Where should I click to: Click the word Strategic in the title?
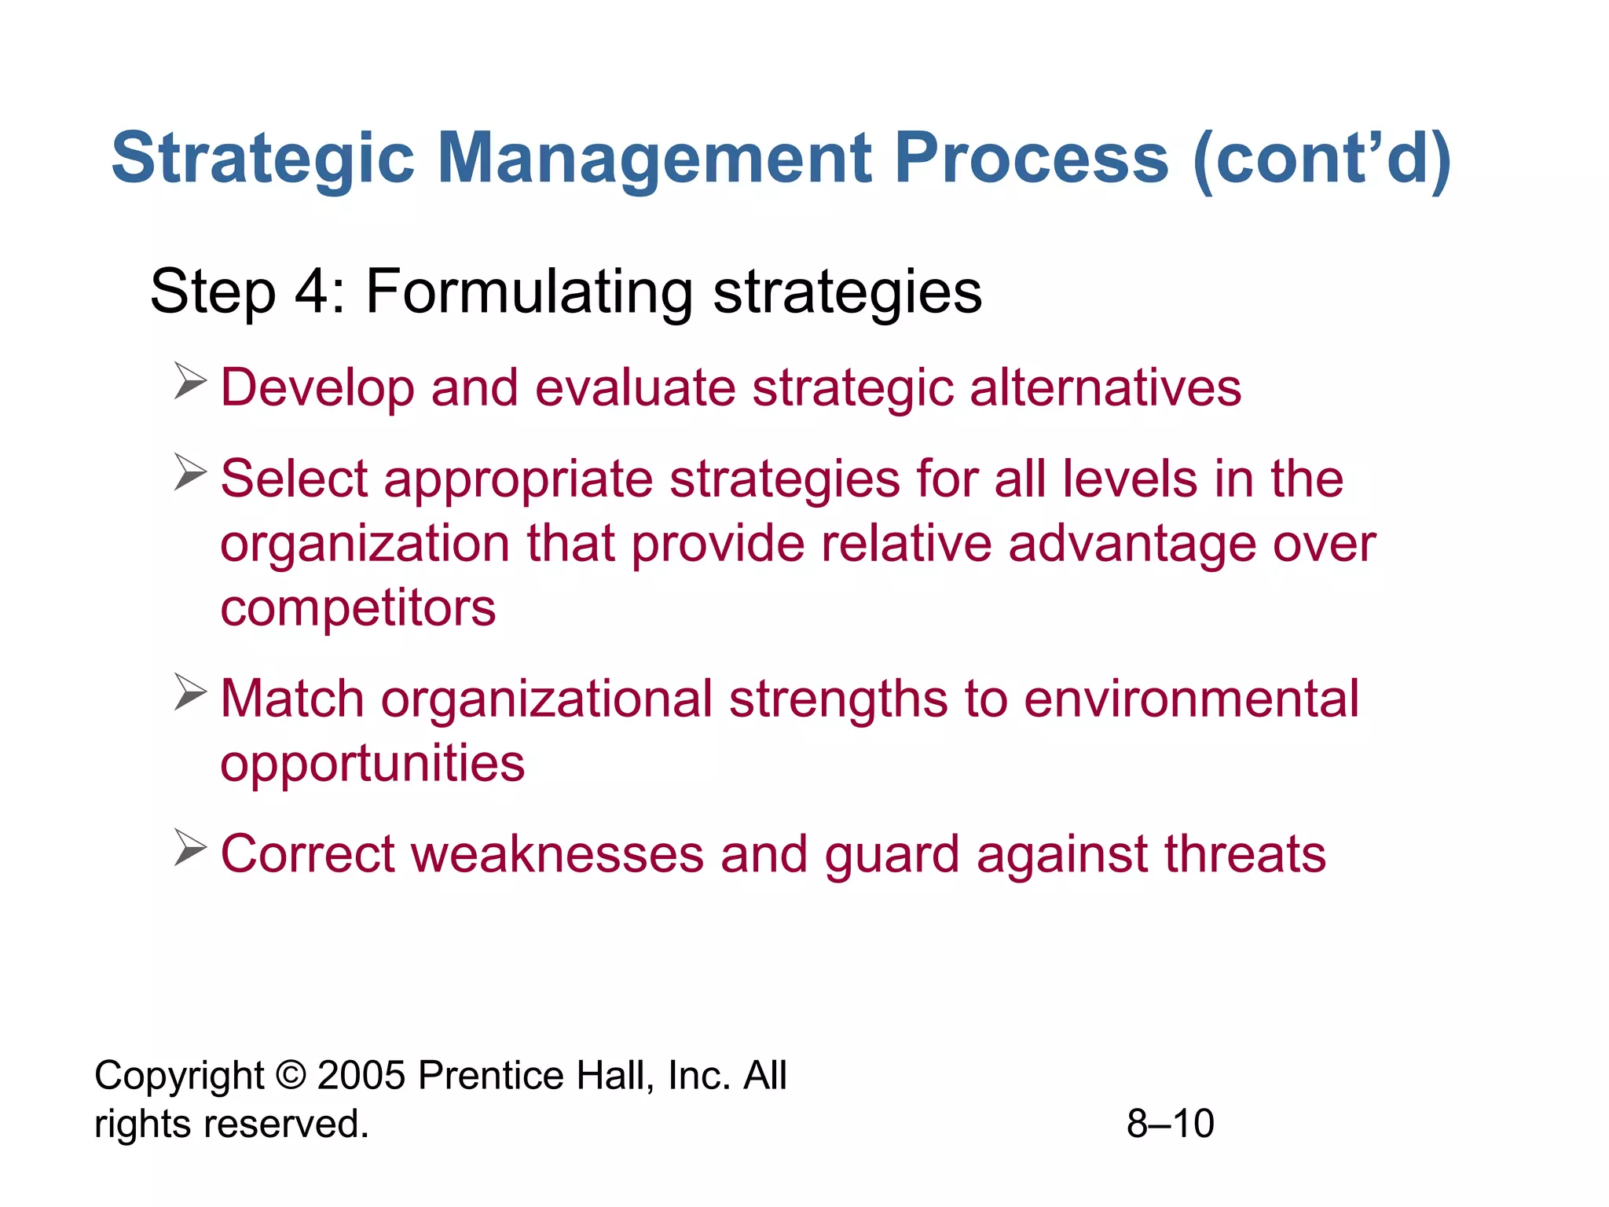coord(262,158)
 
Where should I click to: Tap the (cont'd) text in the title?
coord(1322,160)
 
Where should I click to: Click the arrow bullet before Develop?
coord(190,381)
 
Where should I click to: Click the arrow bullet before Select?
coord(190,472)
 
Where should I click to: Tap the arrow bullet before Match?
coord(190,692)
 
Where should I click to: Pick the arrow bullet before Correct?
coord(190,848)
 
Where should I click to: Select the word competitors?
coord(357,608)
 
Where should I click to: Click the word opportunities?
coord(372,764)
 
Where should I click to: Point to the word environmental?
coord(1191,699)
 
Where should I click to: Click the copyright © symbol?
coord(291,1076)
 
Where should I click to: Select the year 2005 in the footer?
coord(361,1076)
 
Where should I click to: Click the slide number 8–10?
coord(1170,1124)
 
